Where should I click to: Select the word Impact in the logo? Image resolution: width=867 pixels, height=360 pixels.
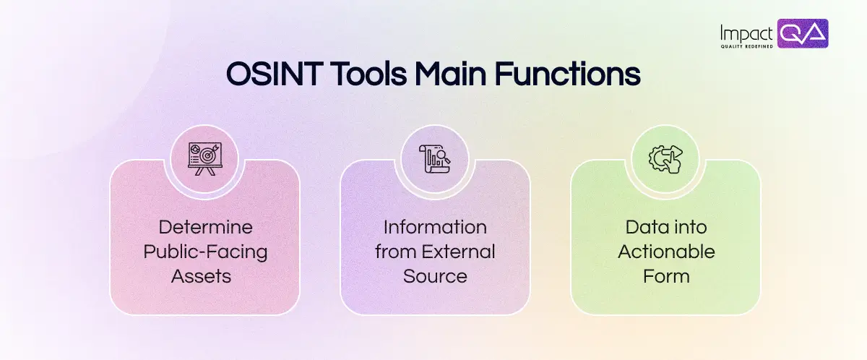click(x=747, y=32)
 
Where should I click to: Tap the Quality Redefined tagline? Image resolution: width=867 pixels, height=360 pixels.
click(x=746, y=46)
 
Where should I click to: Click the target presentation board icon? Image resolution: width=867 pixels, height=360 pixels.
click(x=204, y=158)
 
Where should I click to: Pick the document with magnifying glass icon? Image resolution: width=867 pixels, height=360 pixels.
click(x=435, y=158)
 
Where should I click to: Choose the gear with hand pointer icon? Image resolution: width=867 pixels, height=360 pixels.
click(x=665, y=158)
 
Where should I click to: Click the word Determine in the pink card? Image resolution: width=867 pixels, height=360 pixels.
click(x=205, y=227)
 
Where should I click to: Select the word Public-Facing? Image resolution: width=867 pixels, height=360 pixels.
click(x=205, y=252)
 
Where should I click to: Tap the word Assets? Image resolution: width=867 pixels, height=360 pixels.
click(x=205, y=276)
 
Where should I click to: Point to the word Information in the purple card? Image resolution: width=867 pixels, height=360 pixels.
click(x=435, y=227)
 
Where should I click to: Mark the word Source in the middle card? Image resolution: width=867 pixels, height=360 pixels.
click(x=435, y=276)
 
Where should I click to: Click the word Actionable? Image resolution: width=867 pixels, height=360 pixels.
click(x=665, y=252)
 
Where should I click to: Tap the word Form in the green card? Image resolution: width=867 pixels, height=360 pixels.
click(x=665, y=276)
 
